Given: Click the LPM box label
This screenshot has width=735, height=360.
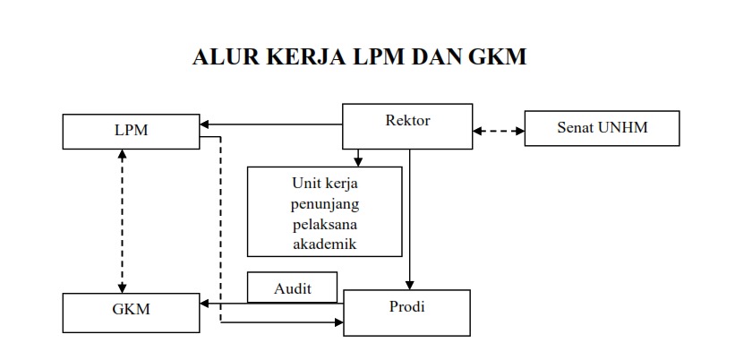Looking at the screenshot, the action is click(x=131, y=131).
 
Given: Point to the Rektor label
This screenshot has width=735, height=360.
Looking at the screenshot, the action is click(x=407, y=121).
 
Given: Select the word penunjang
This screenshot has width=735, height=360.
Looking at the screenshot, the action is click(x=325, y=204).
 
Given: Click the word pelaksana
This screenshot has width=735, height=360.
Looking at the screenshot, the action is click(x=325, y=224).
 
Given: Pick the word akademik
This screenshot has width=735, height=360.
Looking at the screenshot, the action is click(x=325, y=244).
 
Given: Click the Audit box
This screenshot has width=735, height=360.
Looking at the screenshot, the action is click(x=292, y=287).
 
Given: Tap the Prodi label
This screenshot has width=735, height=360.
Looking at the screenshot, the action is click(x=406, y=306).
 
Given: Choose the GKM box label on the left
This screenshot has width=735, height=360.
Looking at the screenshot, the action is click(x=131, y=309).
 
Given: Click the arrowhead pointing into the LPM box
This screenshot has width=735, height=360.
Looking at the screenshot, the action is click(x=204, y=124).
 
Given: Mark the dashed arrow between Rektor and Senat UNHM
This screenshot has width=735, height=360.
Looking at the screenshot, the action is click(x=499, y=132).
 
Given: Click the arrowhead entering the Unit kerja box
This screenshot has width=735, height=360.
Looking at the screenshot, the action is click(x=358, y=162).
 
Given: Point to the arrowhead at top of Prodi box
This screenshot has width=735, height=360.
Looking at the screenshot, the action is click(x=410, y=285).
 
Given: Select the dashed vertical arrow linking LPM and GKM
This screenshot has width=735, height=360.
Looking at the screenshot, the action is click(x=123, y=221).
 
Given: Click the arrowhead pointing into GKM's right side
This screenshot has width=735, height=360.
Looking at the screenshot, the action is click(x=204, y=304).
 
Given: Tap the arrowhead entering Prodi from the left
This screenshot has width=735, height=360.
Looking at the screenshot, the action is click(x=339, y=322).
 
